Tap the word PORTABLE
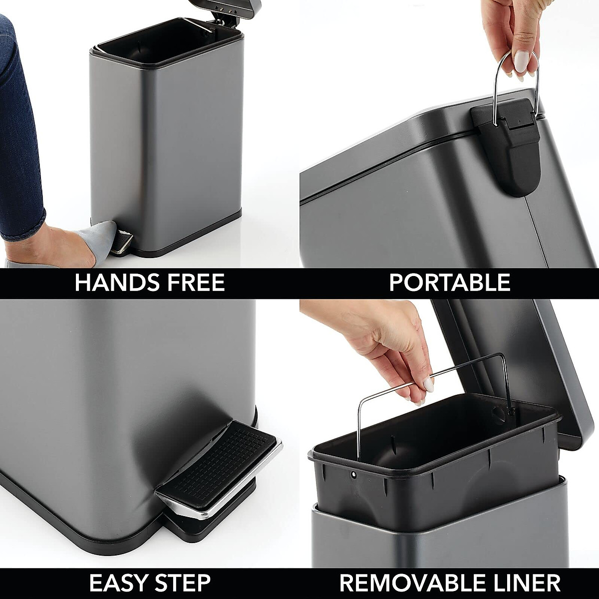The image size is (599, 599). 449,283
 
